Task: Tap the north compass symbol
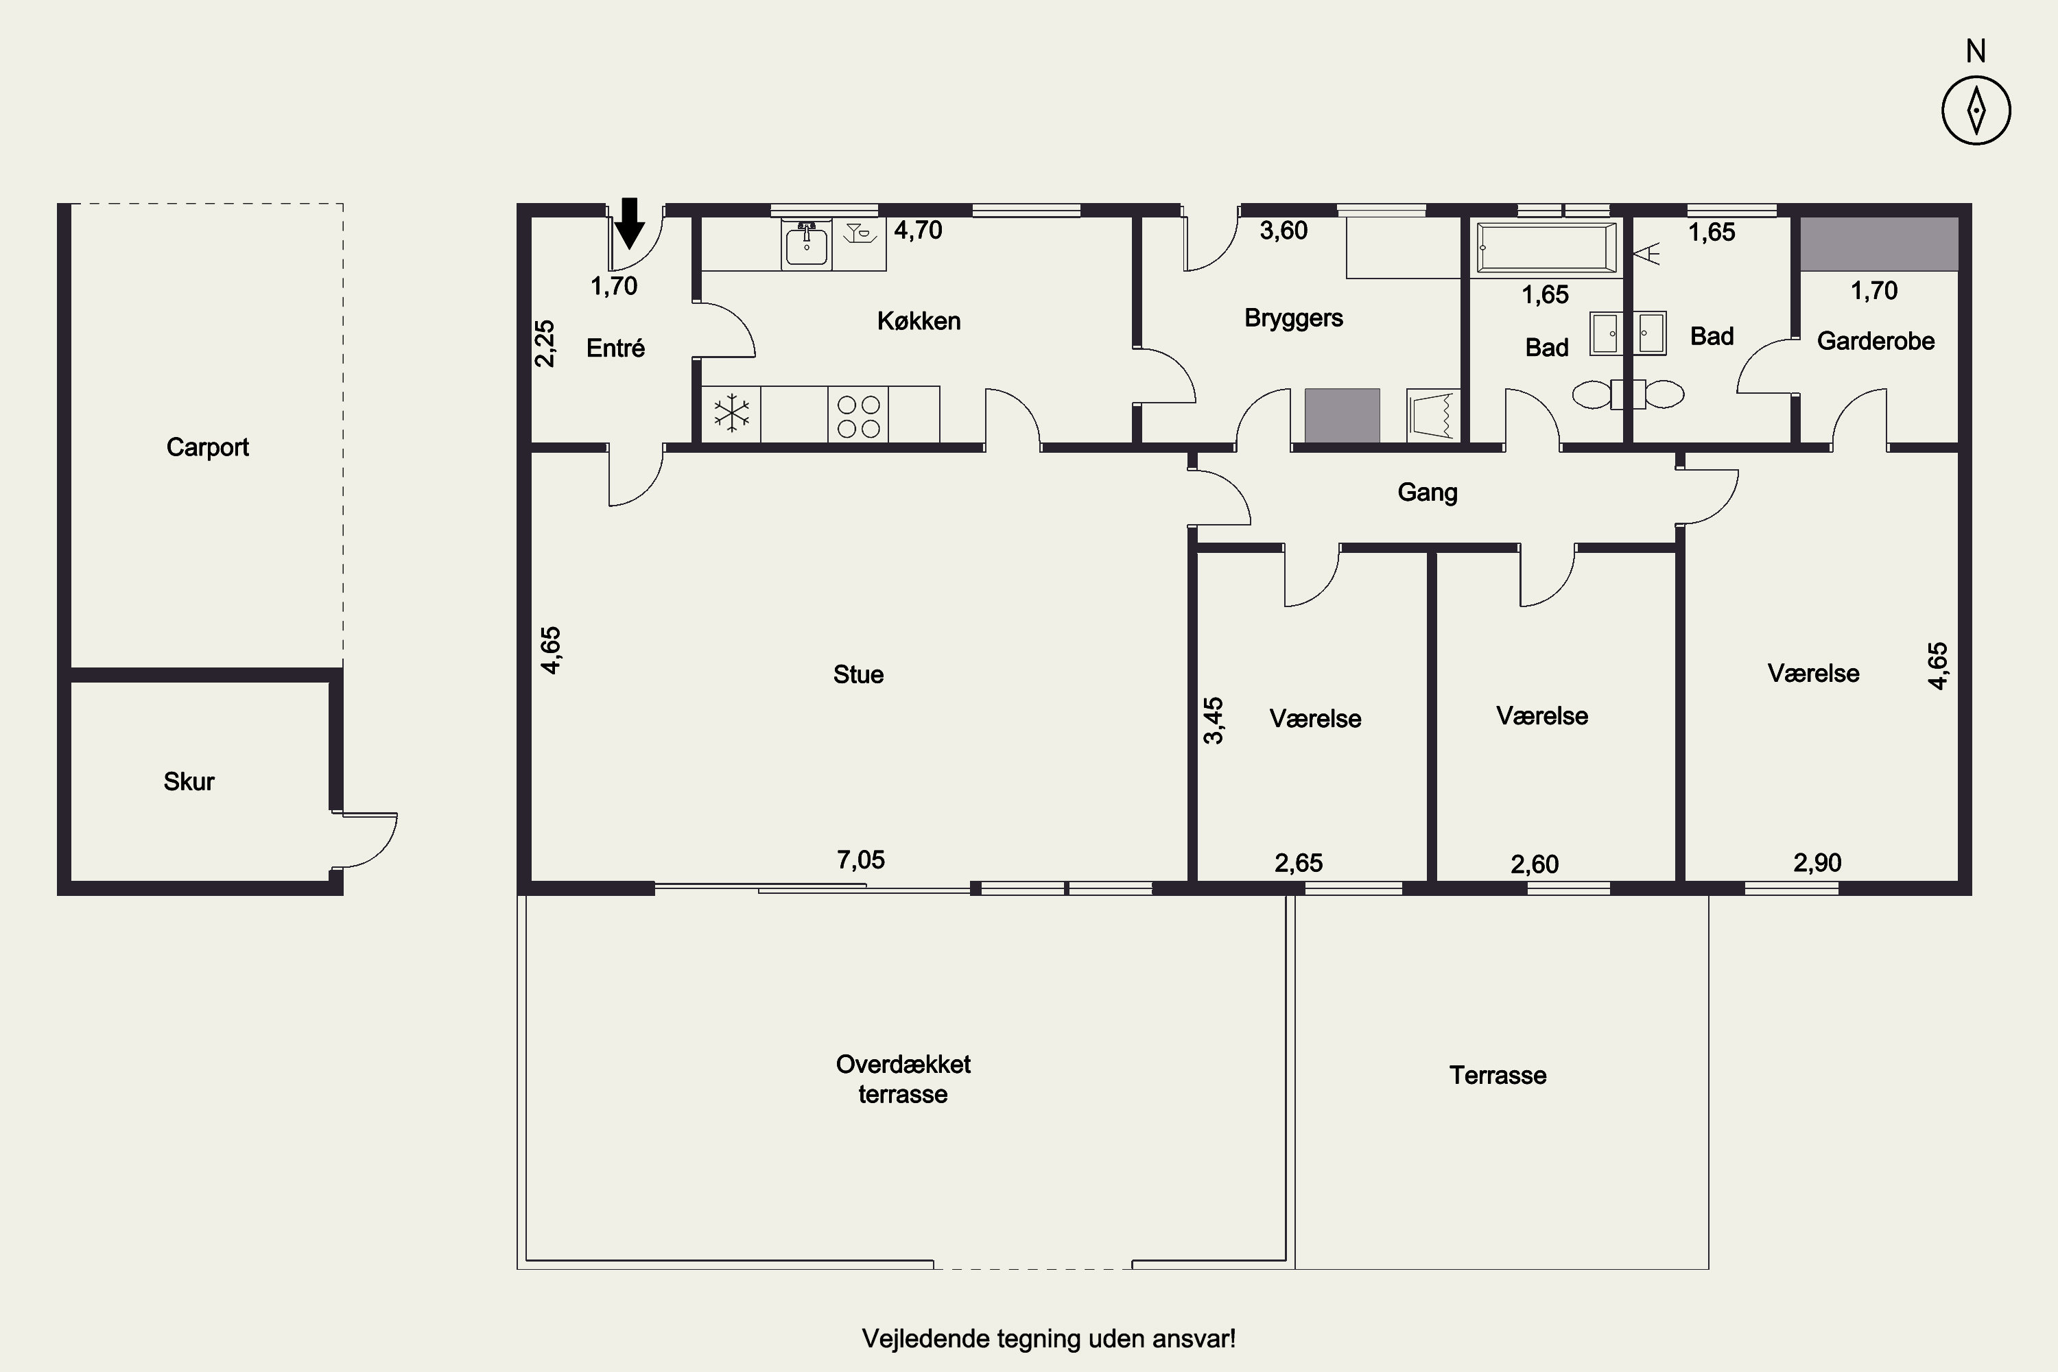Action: pos(1976,111)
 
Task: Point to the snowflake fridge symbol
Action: pos(731,414)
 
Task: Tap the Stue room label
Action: pos(858,674)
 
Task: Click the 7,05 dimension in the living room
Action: pos(861,860)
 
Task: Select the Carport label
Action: pos(207,448)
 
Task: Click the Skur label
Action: pos(189,781)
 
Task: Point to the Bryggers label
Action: pos(1293,318)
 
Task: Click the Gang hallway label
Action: pos(1427,493)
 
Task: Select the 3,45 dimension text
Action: pos(1214,720)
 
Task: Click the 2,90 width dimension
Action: pos(1817,863)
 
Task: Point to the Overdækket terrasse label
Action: pos(903,1079)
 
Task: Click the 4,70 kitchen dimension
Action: pos(918,230)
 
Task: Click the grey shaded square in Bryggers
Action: pos(1343,416)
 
